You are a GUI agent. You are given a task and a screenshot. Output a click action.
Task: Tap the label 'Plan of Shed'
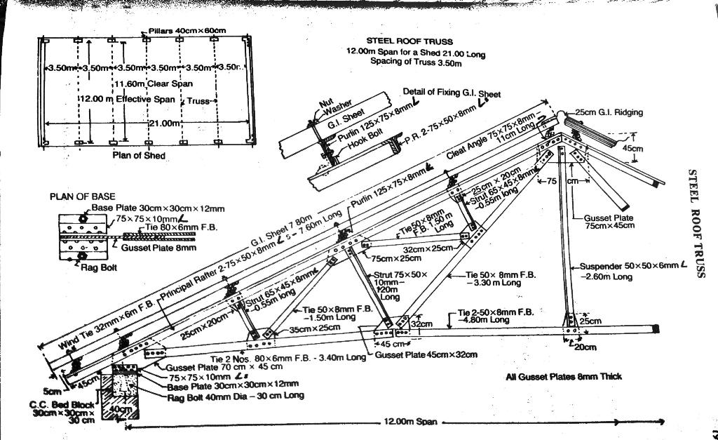[139, 155]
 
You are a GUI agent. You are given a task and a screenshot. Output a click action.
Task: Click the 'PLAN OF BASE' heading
[83, 196]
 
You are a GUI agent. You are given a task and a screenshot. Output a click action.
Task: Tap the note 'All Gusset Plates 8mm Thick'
[564, 377]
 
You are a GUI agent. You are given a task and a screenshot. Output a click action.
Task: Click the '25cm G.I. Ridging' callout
[609, 112]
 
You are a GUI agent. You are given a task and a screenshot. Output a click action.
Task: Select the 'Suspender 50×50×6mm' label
[629, 266]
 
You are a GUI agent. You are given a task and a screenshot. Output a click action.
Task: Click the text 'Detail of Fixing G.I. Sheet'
[452, 93]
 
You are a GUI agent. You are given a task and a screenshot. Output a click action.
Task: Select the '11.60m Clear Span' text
[149, 84]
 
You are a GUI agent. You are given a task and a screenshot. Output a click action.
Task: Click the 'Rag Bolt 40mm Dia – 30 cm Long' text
[235, 395]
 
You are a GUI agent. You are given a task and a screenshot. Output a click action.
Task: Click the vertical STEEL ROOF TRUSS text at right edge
[696, 223]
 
